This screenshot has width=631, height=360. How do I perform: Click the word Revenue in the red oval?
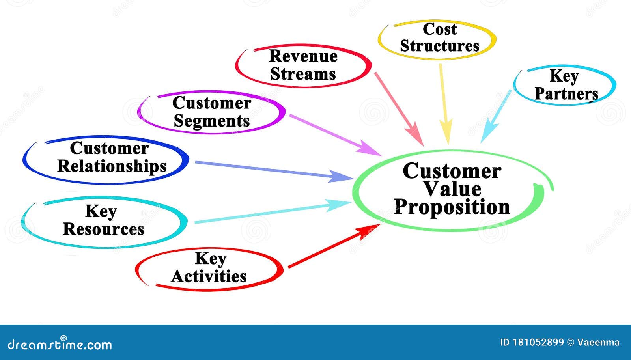click(x=303, y=56)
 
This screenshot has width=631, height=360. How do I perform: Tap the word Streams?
click(x=303, y=74)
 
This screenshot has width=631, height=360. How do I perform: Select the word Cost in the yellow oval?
click(x=440, y=29)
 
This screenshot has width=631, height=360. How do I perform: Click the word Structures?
click(x=439, y=46)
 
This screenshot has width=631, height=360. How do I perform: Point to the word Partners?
click(x=566, y=94)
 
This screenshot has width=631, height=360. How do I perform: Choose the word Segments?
click(x=211, y=121)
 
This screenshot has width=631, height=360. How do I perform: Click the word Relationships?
click(x=112, y=166)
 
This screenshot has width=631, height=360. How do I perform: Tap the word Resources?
click(x=103, y=229)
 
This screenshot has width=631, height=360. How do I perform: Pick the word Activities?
click(x=209, y=276)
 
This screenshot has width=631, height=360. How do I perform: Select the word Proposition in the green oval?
click(x=452, y=207)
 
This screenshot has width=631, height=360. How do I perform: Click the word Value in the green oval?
click(x=453, y=189)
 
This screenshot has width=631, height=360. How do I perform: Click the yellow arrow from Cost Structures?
click(x=444, y=104)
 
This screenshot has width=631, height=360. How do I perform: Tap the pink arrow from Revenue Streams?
click(x=399, y=109)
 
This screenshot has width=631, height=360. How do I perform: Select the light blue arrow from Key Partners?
click(x=496, y=116)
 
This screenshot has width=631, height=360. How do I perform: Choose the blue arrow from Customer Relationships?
click(x=274, y=171)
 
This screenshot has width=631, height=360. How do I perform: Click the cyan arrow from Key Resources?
click(x=273, y=211)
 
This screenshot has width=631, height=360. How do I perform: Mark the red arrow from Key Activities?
click(x=334, y=246)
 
